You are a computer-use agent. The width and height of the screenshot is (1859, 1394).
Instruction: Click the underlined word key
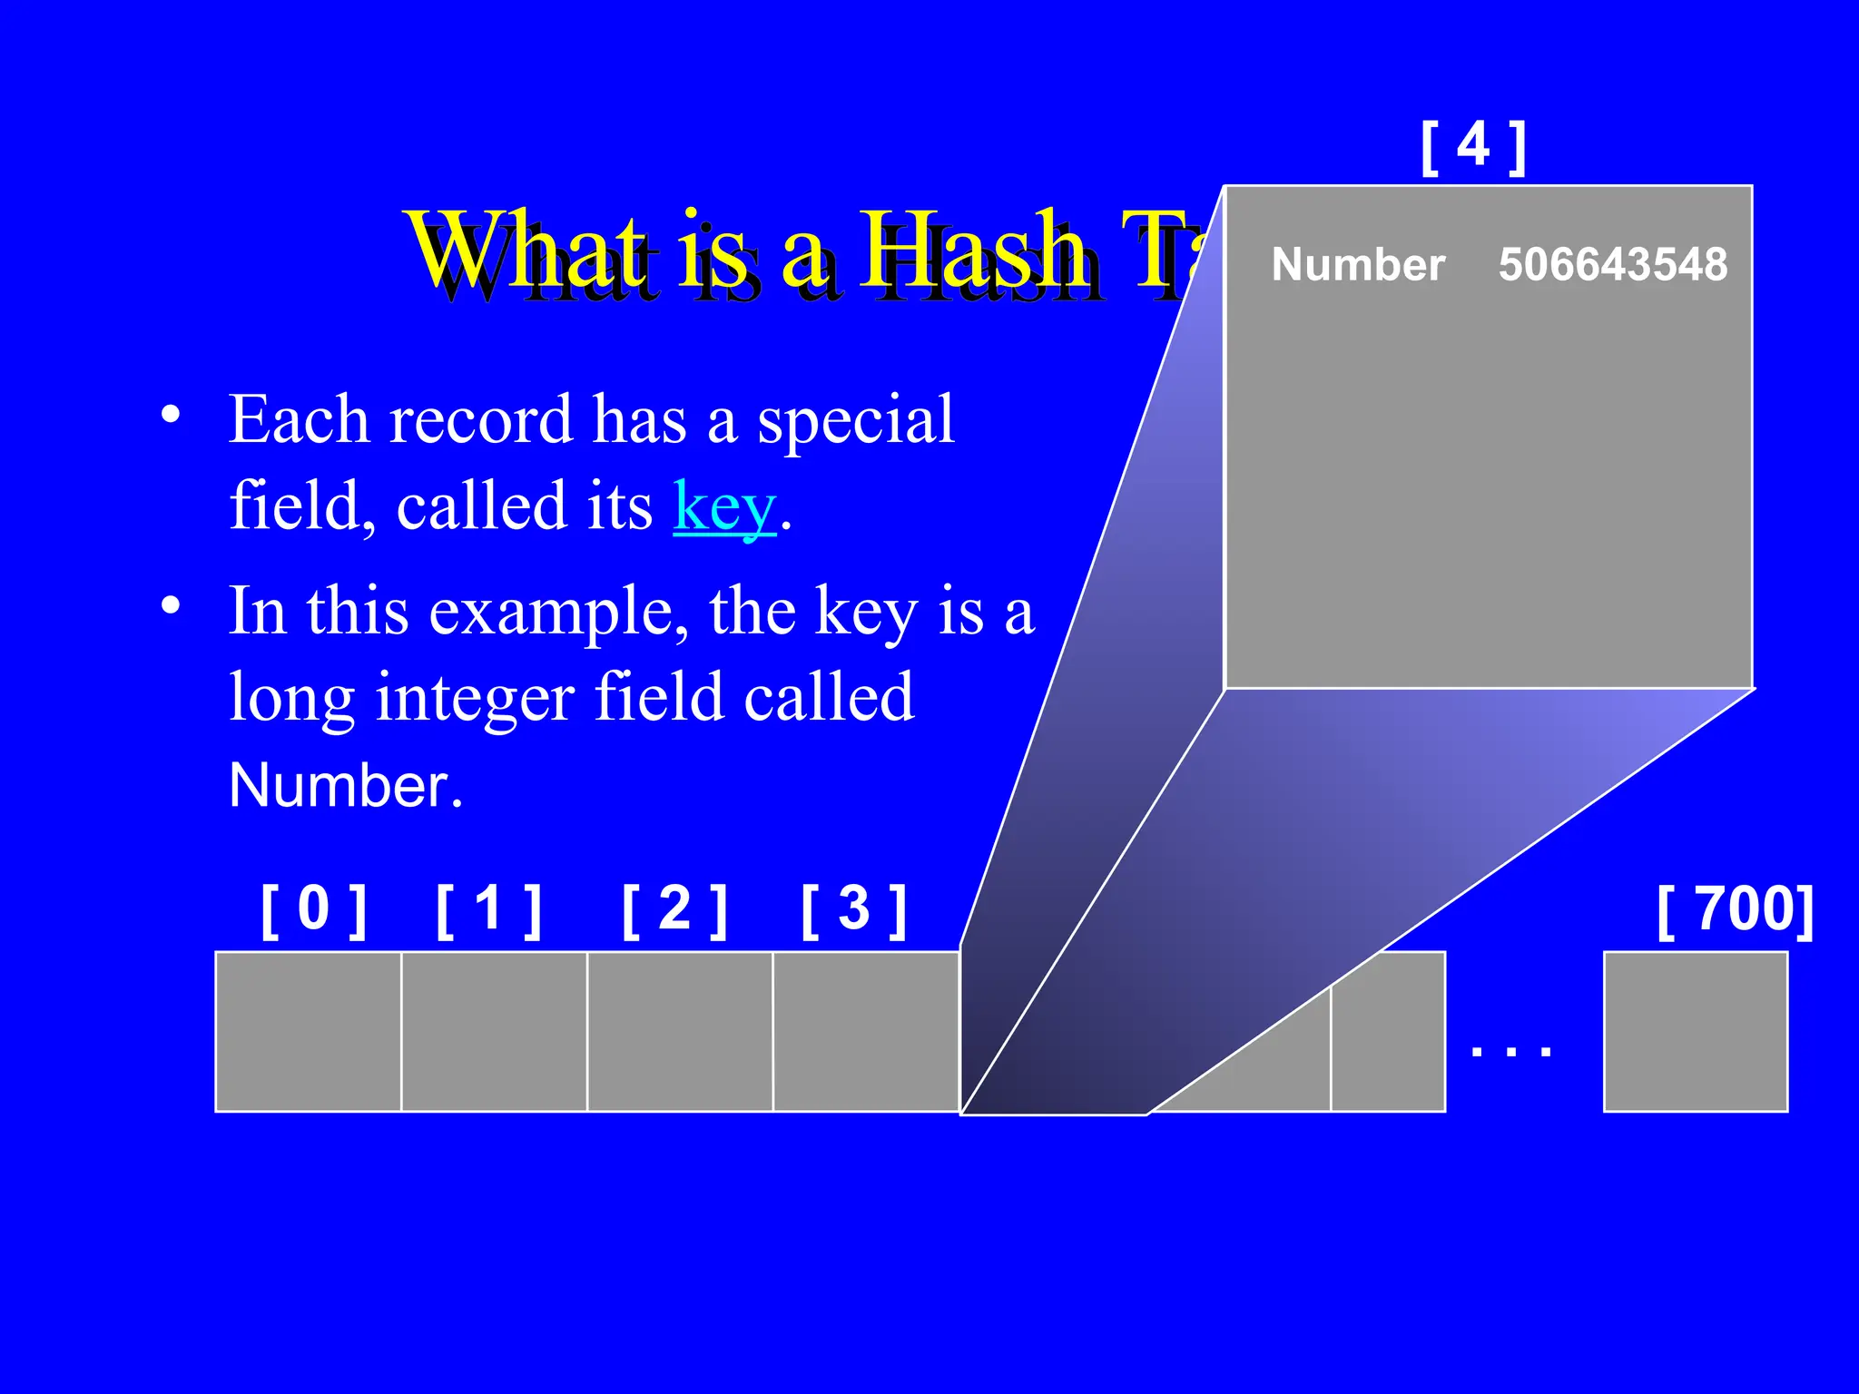[724, 506]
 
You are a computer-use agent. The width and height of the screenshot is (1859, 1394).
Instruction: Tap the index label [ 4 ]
[1473, 146]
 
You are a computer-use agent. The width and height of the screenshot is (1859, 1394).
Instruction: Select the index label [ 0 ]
[313, 910]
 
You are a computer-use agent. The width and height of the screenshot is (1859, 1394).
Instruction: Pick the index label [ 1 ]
[489, 910]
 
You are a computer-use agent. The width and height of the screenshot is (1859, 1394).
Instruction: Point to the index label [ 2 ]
[674, 910]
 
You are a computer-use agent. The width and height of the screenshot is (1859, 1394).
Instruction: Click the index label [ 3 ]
[853, 910]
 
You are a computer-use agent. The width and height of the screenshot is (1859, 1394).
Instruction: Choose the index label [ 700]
[1735, 910]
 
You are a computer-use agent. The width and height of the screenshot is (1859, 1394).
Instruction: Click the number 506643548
[1612, 265]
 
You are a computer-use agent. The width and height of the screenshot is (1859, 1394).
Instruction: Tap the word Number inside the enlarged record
[1358, 265]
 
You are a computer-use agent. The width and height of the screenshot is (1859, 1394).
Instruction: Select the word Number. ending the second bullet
[346, 785]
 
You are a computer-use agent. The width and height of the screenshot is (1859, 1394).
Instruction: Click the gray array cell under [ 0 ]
[309, 1031]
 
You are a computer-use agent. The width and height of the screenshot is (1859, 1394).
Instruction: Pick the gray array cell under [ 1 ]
[494, 1031]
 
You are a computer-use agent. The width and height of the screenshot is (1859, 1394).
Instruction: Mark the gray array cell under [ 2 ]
[680, 1031]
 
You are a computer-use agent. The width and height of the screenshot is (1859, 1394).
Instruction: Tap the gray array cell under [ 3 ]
[866, 1031]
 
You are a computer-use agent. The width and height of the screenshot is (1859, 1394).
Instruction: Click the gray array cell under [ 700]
[1696, 1031]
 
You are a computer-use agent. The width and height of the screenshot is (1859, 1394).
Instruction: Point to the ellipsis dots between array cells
[1511, 1052]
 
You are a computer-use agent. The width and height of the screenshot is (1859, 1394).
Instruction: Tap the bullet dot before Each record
[171, 416]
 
